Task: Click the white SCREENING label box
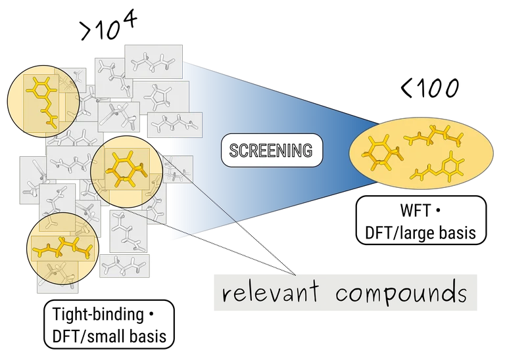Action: click(272, 150)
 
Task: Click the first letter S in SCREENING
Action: click(233, 150)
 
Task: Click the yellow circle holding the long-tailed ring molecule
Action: click(43, 101)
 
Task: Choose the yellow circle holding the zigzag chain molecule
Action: click(62, 248)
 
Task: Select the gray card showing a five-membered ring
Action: click(160, 97)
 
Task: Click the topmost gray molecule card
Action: click(153, 62)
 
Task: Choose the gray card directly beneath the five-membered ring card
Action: click(173, 123)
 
